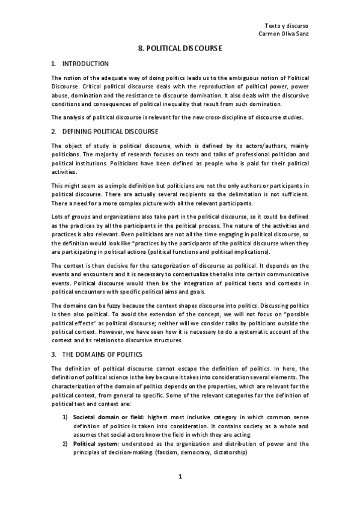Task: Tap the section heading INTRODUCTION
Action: click(x=86, y=63)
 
